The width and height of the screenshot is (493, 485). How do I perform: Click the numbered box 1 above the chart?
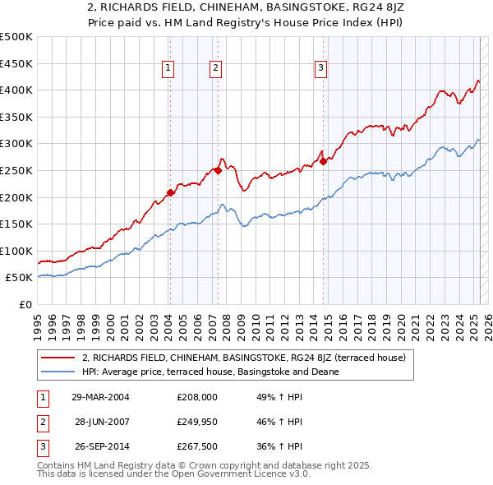(x=168, y=69)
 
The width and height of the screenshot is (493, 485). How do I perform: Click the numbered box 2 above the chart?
(x=215, y=69)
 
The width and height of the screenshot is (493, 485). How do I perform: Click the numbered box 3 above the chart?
(x=320, y=69)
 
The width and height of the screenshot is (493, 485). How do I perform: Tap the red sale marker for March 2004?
(x=170, y=192)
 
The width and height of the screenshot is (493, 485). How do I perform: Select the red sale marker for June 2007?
(x=218, y=170)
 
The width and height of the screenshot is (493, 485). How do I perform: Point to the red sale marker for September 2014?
(x=324, y=161)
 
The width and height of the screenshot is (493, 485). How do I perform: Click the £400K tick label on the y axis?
(x=16, y=90)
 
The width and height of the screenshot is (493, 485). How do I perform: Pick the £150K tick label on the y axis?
(x=16, y=224)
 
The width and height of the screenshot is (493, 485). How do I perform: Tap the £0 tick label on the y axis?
(x=25, y=304)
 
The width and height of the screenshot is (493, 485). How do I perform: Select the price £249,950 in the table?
(x=197, y=422)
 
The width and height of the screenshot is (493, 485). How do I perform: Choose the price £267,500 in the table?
(x=197, y=447)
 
